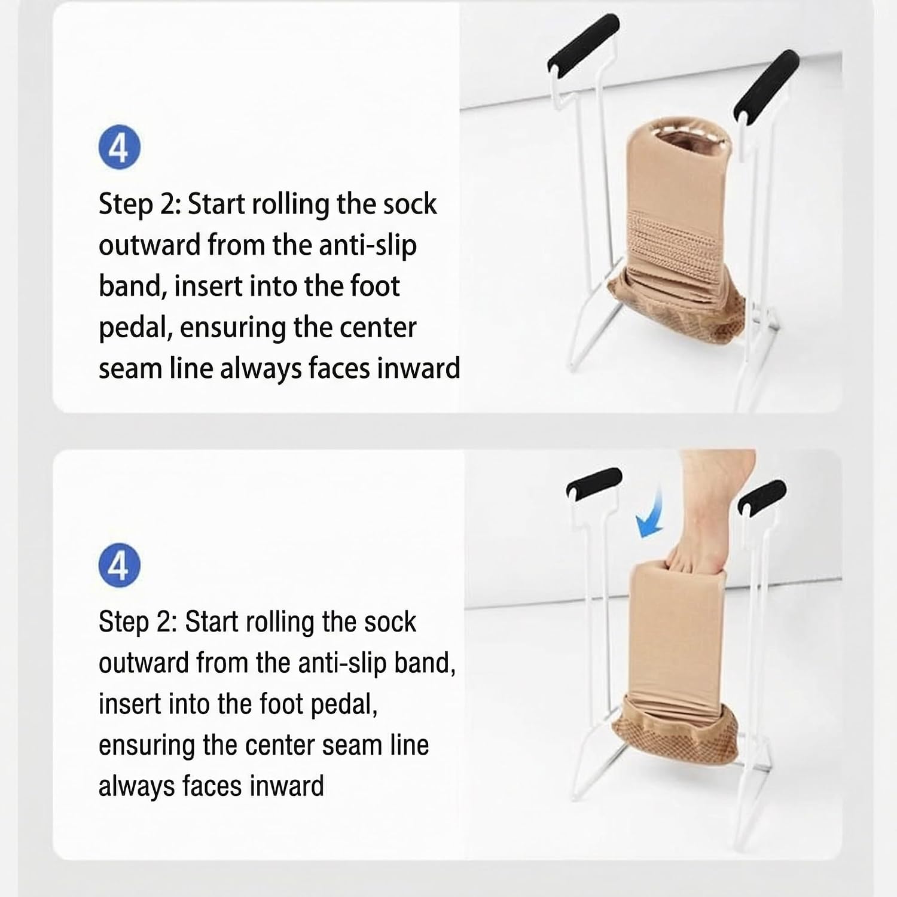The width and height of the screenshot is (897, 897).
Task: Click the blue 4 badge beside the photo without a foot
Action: (120, 147)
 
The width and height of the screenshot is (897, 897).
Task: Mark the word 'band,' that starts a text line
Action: (132, 286)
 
